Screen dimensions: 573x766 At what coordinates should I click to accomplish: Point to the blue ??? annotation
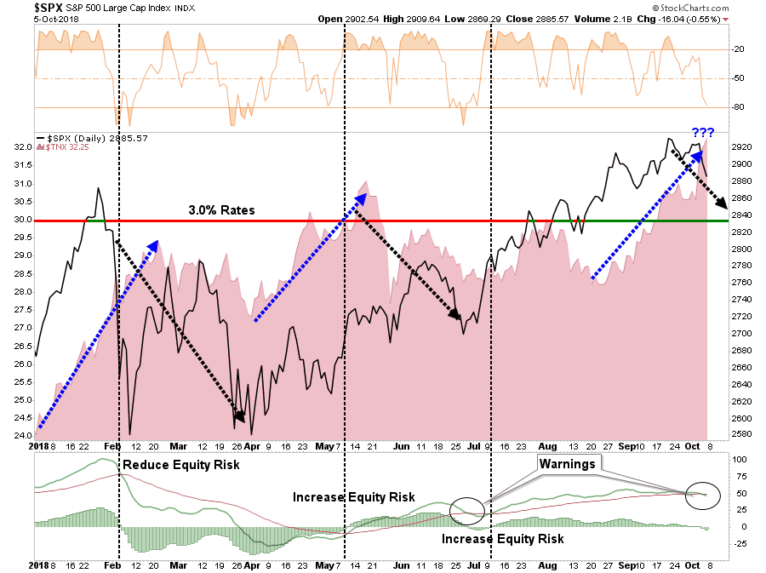click(701, 133)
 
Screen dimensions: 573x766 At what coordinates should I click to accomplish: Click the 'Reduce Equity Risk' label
click(180, 465)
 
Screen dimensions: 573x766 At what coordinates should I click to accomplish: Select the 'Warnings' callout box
click(568, 462)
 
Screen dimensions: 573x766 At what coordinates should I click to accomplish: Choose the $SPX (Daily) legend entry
click(85, 138)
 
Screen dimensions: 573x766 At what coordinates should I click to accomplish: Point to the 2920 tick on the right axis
click(742, 146)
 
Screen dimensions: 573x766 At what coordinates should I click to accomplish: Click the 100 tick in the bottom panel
click(740, 460)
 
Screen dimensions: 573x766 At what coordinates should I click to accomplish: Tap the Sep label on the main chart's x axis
click(626, 445)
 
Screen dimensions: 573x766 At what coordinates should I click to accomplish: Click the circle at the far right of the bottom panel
click(702, 495)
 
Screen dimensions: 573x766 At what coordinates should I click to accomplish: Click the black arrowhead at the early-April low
click(241, 417)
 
